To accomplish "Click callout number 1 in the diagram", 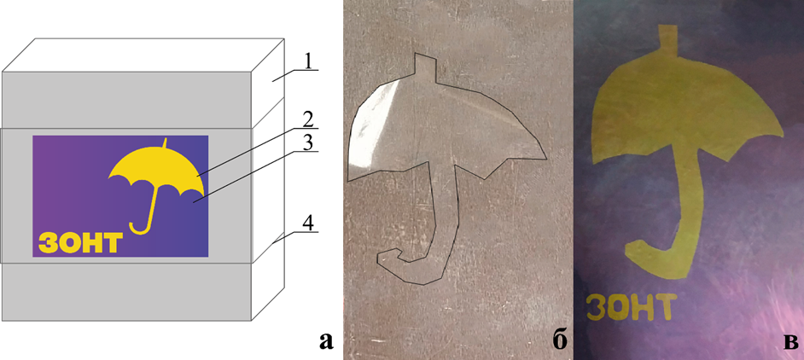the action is coord(307,62).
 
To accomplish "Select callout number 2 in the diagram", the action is coord(307,120).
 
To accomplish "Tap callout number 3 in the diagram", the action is coord(307,143).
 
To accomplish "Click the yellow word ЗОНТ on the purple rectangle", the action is coord(81,243).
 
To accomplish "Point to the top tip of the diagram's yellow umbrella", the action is coord(165,137).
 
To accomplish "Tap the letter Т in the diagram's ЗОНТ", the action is coord(114,243).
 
